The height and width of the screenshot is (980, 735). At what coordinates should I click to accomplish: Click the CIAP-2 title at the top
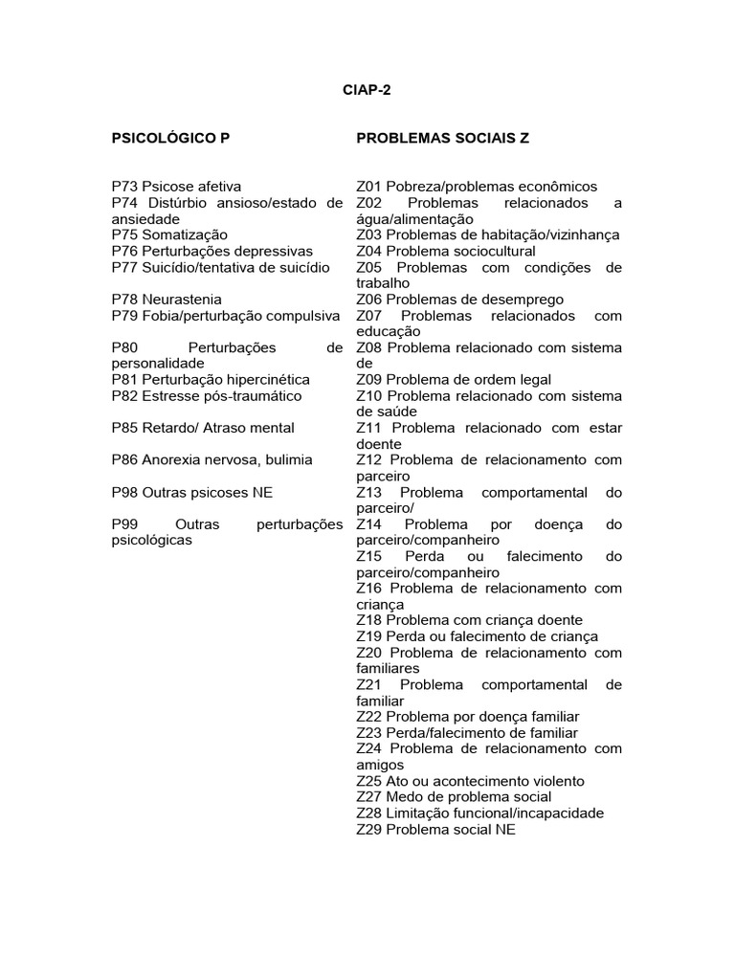coord(367,91)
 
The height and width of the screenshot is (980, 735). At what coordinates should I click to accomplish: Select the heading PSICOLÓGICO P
coord(170,139)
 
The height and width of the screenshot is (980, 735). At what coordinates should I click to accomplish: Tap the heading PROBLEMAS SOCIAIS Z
coord(442,139)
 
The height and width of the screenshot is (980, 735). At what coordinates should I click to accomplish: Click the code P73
coord(124,187)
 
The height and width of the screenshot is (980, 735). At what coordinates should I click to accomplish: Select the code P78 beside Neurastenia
coord(124,300)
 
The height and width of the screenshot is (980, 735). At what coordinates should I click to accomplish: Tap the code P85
coord(124,428)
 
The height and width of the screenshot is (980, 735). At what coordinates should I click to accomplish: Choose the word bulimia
coord(286,460)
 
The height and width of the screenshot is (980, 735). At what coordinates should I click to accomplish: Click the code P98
coord(124,493)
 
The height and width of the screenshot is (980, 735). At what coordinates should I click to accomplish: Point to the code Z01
coord(368,187)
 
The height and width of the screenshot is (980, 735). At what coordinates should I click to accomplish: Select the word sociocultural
coord(489,251)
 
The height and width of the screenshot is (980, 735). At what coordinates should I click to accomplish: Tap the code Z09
coord(368,380)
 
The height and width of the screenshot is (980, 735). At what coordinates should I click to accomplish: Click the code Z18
coord(368,621)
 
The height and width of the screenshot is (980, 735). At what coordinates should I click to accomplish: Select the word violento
coord(556,782)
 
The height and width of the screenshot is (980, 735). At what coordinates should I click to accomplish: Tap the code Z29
coord(368,830)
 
